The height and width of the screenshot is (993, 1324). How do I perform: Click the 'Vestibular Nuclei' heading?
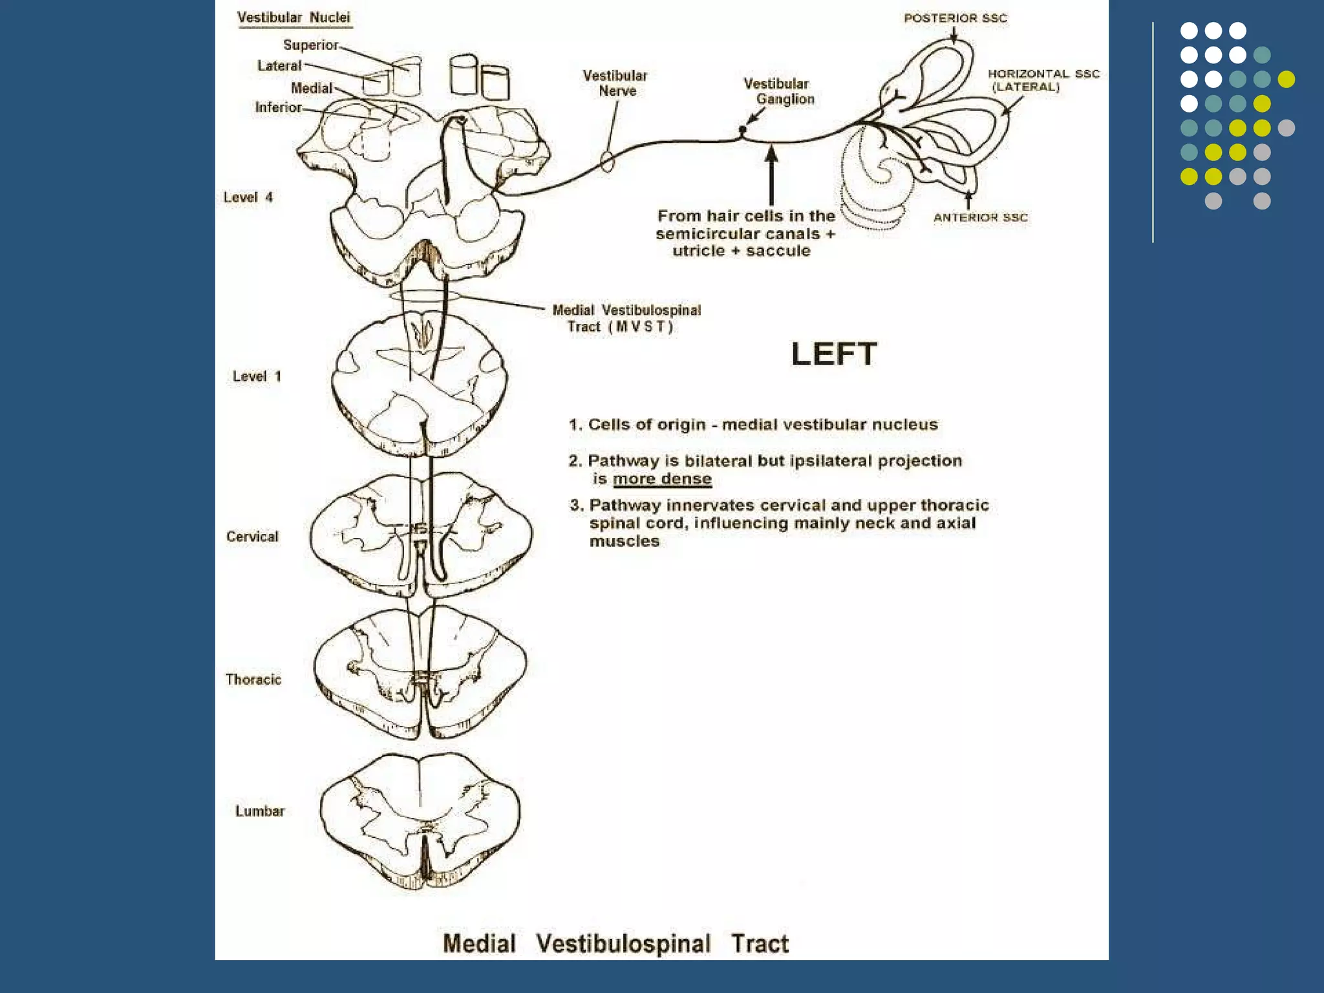click(x=294, y=18)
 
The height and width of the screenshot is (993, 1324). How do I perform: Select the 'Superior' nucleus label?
click(x=310, y=45)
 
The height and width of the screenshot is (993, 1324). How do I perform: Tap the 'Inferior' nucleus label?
click(x=278, y=107)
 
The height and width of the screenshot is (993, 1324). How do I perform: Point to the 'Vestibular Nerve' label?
click(x=615, y=83)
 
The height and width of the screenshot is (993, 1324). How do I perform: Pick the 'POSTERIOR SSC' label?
click(x=955, y=19)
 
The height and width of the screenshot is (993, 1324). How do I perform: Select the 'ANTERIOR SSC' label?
click(x=980, y=218)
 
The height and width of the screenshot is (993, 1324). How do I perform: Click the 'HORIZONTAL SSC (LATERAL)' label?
click(x=1043, y=80)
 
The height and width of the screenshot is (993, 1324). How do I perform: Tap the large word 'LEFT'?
click(x=834, y=354)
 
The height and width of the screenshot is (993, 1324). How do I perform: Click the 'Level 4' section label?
click(x=248, y=197)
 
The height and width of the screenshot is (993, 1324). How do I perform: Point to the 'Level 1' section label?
click(x=257, y=376)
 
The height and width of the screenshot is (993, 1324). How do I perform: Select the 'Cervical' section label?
click(x=252, y=537)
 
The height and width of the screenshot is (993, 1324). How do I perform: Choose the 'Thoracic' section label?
click(x=253, y=679)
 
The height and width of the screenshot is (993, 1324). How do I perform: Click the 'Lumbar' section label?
click(x=260, y=811)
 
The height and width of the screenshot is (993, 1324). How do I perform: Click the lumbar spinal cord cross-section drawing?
click(x=420, y=821)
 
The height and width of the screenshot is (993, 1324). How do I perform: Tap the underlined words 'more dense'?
click(x=662, y=479)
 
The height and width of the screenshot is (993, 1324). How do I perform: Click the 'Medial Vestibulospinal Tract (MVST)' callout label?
click(x=626, y=319)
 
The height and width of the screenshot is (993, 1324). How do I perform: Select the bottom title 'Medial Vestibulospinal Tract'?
click(x=615, y=944)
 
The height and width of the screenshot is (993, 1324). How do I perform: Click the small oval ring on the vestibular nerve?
click(x=607, y=162)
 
